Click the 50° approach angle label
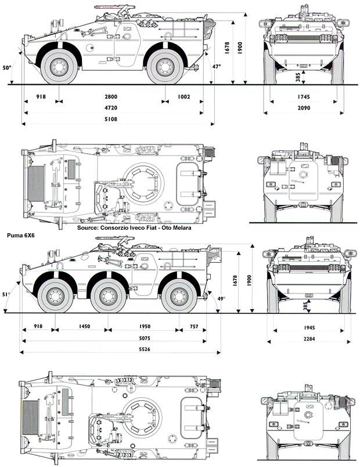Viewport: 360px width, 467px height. pyautogui.click(x=7, y=68)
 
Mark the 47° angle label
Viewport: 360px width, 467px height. pyautogui.click(x=217, y=67)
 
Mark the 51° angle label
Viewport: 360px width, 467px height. pyautogui.click(x=6, y=295)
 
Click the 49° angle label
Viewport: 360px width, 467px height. pyautogui.click(x=221, y=299)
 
